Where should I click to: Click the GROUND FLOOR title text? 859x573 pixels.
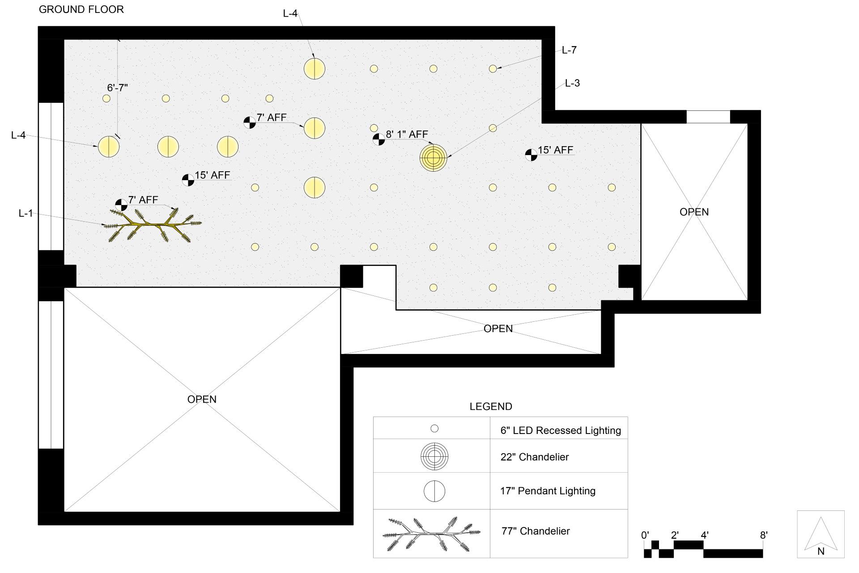tap(81, 9)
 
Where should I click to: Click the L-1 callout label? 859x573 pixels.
tap(26, 213)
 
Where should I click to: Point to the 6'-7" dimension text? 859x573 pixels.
tap(117, 88)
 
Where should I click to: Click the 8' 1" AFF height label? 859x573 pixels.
tap(407, 134)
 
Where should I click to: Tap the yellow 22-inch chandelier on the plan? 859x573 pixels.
tap(433, 157)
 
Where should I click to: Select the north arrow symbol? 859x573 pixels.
tap(821, 534)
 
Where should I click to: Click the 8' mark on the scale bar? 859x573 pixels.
tap(764, 535)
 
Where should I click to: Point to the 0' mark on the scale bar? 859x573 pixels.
tap(645, 535)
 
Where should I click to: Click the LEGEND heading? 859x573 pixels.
tap(491, 407)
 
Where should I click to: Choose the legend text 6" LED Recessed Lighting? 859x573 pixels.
tap(561, 430)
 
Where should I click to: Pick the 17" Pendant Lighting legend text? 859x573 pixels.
tap(548, 491)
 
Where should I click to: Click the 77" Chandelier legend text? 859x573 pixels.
tap(536, 531)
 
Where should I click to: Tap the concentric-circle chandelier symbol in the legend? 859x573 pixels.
tap(434, 456)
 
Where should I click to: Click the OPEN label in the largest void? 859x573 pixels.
tap(202, 399)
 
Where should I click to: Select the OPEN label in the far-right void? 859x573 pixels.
tap(694, 212)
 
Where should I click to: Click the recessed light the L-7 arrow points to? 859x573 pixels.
tap(493, 69)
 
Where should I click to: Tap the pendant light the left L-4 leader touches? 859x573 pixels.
tap(109, 147)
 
